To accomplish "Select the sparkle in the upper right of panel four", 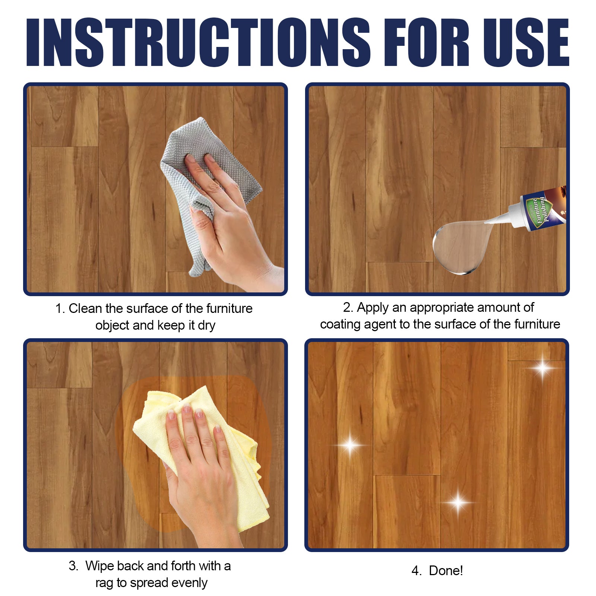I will [x=542, y=368].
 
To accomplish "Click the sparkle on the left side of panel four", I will [x=350, y=445].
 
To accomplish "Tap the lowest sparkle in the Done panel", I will [x=458, y=502].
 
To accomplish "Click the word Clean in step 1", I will [x=85, y=308].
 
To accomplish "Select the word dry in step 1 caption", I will [x=206, y=326].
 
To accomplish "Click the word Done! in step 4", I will [x=446, y=571].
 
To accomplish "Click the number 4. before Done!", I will [x=416, y=571].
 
